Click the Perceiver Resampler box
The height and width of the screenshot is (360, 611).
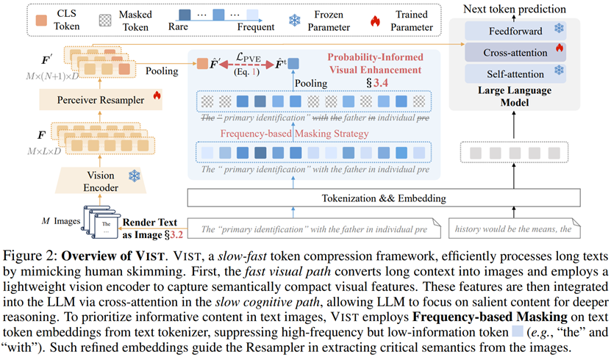pyautogui.click(x=101, y=100)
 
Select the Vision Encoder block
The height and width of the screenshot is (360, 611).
pyautogui.click(x=101, y=181)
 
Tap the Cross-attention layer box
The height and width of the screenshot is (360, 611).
pyautogui.click(x=515, y=53)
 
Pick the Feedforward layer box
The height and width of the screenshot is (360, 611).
pyautogui.click(x=515, y=31)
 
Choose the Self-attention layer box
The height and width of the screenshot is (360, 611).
pyautogui.click(x=515, y=74)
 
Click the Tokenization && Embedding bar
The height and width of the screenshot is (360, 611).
pyautogui.click(x=384, y=198)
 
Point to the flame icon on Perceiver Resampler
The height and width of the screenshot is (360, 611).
pyautogui.click(x=157, y=95)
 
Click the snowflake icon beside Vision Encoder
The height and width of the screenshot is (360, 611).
pyautogui.click(x=135, y=176)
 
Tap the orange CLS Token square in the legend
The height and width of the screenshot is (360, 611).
pyautogui.click(x=41, y=21)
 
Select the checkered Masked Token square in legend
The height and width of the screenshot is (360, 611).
pyautogui.click(x=105, y=21)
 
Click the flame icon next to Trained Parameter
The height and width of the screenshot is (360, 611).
pyautogui.click(x=375, y=21)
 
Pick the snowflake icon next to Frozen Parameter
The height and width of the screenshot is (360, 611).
pyautogui.click(x=295, y=21)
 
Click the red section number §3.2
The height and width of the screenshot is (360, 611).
pyautogui.click(x=174, y=234)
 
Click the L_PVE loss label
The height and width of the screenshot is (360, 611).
pyautogui.click(x=249, y=57)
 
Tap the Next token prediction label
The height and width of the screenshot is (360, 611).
pyautogui.click(x=515, y=9)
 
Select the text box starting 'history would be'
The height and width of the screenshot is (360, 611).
pyautogui.click(x=515, y=228)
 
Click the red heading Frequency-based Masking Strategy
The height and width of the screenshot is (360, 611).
pyautogui.click(x=295, y=134)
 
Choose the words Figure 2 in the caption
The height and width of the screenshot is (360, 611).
pyautogui.click(x=30, y=256)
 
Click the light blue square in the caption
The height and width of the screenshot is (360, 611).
pyautogui.click(x=518, y=331)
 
